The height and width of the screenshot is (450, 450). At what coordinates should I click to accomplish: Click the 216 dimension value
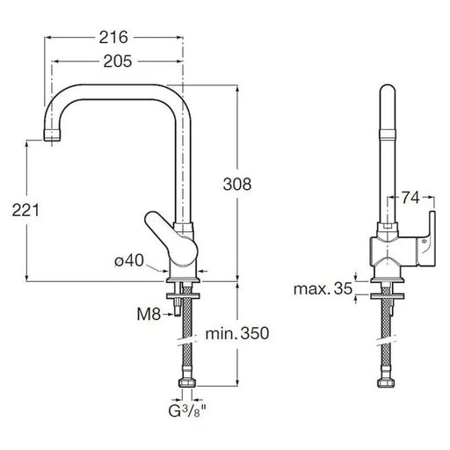click(x=113, y=38)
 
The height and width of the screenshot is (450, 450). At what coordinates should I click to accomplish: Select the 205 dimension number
click(x=118, y=62)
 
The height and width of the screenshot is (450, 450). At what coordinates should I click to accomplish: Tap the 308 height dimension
click(x=237, y=185)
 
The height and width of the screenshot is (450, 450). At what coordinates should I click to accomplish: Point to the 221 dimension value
click(x=25, y=210)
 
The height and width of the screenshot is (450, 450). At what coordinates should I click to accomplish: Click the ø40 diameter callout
click(x=129, y=260)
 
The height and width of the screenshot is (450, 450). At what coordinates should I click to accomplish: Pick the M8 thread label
click(x=149, y=315)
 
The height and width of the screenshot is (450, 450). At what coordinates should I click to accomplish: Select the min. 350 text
click(x=237, y=333)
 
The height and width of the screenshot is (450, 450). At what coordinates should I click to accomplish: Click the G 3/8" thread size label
click(x=187, y=411)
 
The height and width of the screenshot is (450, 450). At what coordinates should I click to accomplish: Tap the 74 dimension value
click(x=410, y=198)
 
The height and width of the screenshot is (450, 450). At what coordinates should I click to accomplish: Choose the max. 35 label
click(x=323, y=289)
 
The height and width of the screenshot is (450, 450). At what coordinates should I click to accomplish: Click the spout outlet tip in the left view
click(x=52, y=135)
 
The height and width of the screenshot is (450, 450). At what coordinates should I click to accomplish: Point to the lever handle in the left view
click(x=171, y=238)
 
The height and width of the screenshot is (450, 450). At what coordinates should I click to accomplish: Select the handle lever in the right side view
click(x=425, y=239)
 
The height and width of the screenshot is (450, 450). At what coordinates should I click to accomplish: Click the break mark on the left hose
click(x=187, y=340)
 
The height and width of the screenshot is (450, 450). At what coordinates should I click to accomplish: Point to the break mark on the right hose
click(x=388, y=340)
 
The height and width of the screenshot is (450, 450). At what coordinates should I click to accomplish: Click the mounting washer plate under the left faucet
click(x=183, y=296)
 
